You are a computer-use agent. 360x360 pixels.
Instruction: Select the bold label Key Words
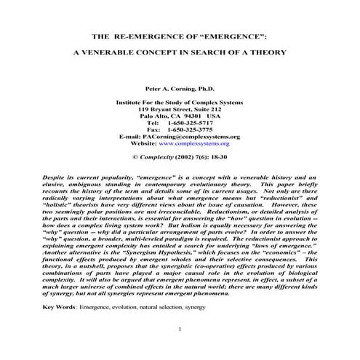click(59, 308)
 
